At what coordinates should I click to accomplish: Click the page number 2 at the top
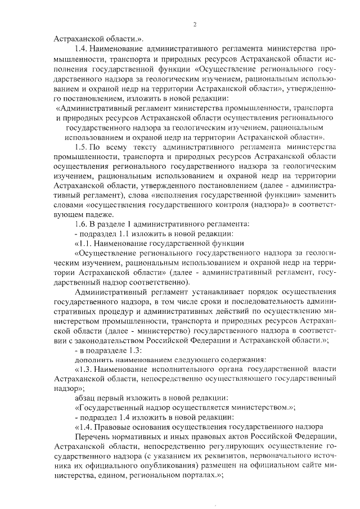[193, 24]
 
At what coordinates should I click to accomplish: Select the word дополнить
[94, 359]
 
